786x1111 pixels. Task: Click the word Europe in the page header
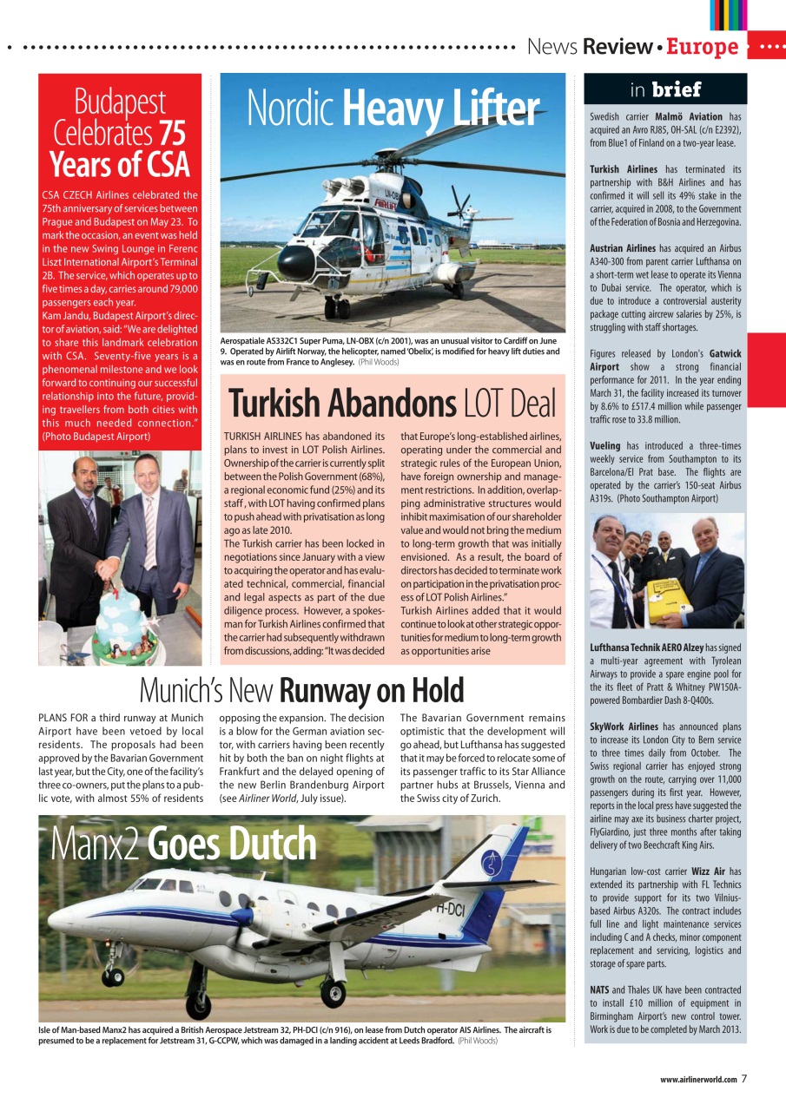point(702,47)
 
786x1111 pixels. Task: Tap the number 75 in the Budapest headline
point(172,133)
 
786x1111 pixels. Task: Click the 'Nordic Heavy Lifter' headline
point(393,108)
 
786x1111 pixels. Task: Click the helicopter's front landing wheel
point(337,307)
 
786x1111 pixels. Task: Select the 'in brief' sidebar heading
point(664,89)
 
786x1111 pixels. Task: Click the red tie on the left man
point(91,513)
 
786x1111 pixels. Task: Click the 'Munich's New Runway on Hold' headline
point(301,691)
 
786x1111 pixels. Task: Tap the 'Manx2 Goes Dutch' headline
point(182,844)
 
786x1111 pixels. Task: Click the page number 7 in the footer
point(744,1079)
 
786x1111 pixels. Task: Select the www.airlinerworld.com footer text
point(697,1080)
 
